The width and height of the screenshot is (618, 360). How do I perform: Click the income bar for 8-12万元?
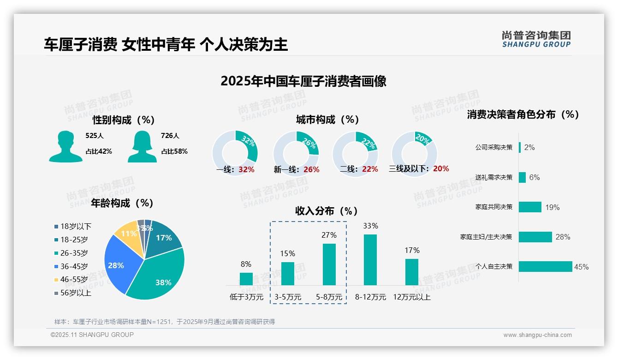[370, 260]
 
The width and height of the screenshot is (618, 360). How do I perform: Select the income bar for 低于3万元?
[246, 279]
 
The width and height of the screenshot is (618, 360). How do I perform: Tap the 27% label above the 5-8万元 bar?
[329, 235]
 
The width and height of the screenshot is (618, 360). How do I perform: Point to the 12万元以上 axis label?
[411, 297]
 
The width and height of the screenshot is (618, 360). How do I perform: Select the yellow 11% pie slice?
[127, 235]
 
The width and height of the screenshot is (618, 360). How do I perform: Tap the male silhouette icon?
[66, 146]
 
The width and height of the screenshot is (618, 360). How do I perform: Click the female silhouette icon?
[142, 146]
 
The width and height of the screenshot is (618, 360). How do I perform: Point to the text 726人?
[170, 136]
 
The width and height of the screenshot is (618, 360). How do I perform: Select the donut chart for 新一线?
[296, 153]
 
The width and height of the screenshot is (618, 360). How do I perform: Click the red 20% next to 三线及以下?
[441, 169]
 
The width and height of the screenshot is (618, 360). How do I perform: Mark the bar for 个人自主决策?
[545, 267]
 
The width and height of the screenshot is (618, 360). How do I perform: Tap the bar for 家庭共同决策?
[530, 207]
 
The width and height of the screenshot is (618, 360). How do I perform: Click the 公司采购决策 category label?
[493, 148]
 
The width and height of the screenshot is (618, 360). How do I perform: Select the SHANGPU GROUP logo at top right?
[536, 39]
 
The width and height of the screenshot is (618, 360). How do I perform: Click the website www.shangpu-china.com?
[537, 335]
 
